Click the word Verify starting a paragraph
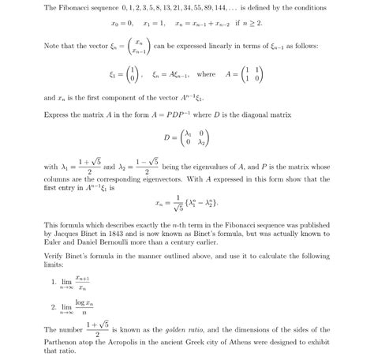54,259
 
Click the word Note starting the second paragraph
52,47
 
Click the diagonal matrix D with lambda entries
185,138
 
